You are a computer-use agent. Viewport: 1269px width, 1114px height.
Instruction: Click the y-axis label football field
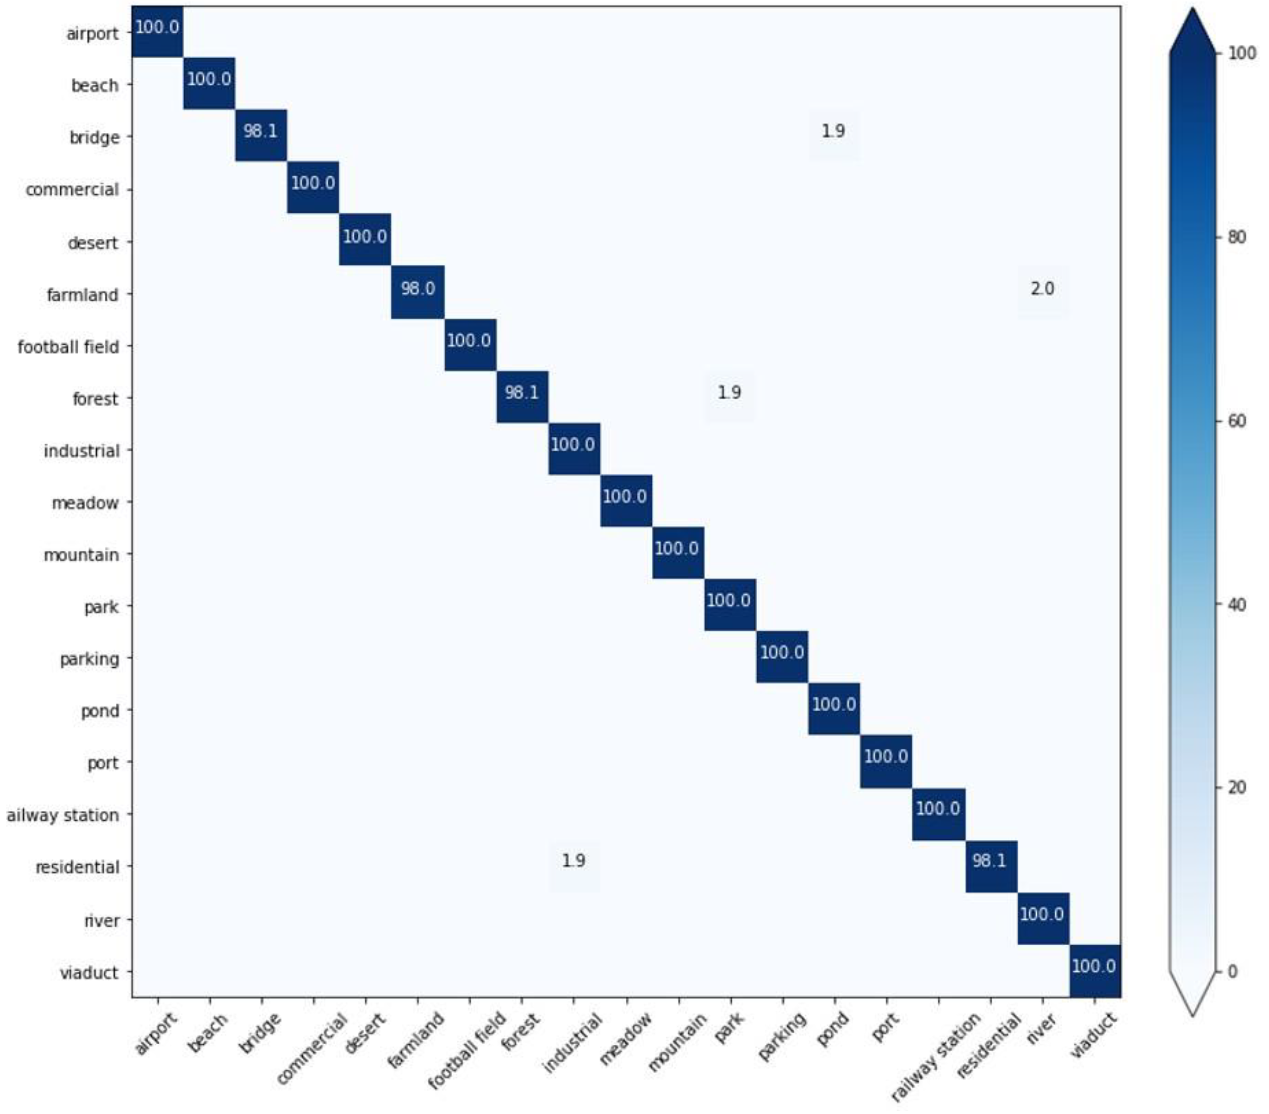point(68,346)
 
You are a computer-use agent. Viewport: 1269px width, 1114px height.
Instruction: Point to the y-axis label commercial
point(72,190)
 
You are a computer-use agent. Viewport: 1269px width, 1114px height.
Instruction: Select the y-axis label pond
point(100,710)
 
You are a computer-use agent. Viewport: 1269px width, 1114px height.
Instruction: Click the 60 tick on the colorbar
point(1236,421)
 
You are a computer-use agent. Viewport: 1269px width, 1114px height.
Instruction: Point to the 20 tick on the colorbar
point(1236,788)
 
